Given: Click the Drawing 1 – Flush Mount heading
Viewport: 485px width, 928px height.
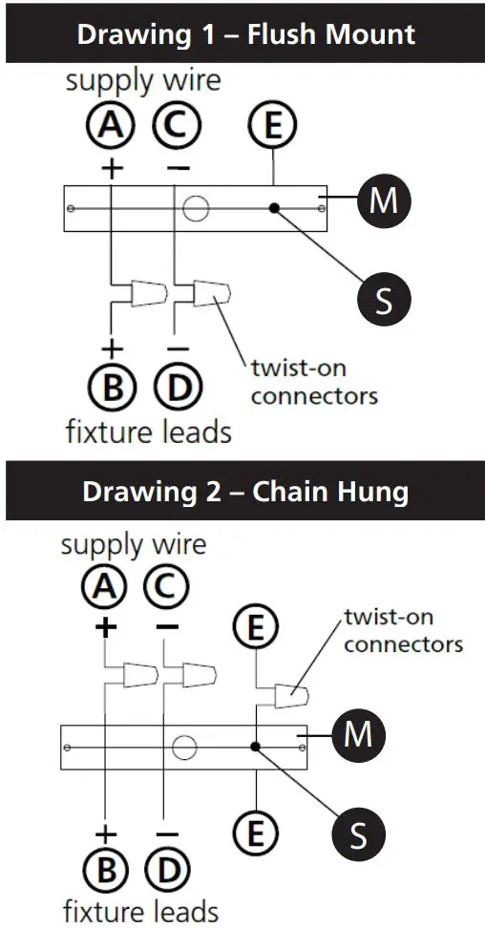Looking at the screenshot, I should click(x=245, y=35).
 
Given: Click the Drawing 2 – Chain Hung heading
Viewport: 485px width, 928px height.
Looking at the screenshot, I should click(x=245, y=492).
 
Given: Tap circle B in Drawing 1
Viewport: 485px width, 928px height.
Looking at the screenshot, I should click(x=113, y=387).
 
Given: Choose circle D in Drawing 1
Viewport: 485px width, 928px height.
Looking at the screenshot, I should click(x=175, y=387).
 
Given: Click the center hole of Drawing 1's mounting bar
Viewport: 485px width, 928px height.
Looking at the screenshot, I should click(x=197, y=207).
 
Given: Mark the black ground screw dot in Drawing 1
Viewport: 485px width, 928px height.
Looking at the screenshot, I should click(x=274, y=207).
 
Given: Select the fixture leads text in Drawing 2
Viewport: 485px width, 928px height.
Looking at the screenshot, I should click(x=140, y=910).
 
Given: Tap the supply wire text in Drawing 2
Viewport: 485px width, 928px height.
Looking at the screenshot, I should click(x=133, y=545).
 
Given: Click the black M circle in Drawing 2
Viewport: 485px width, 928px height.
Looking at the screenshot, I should click(x=358, y=735).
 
